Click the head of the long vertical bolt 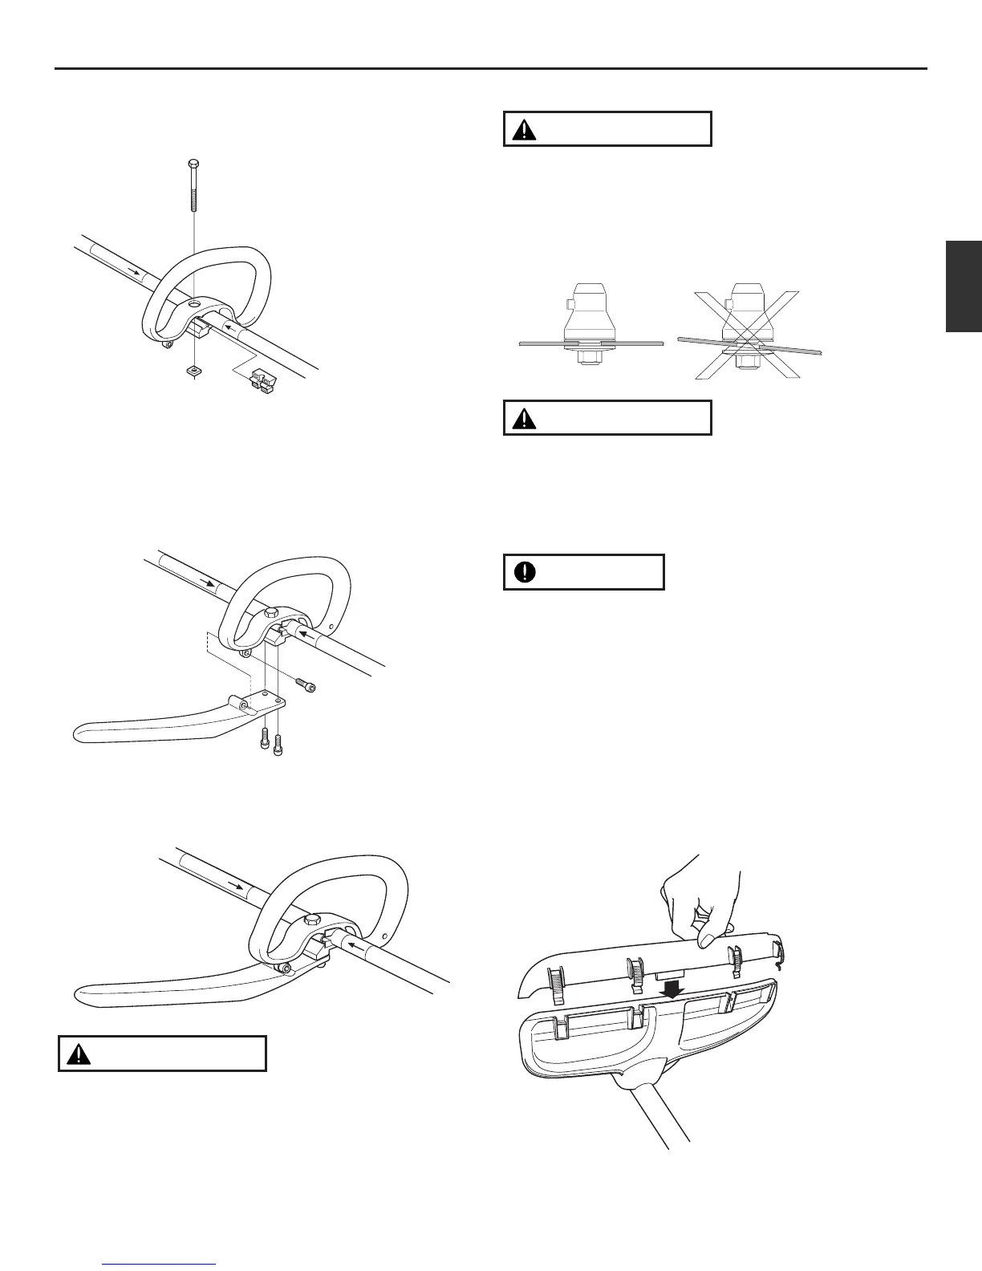coord(194,164)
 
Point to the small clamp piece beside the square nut coord(263,380)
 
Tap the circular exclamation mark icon coord(526,571)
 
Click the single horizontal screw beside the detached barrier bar coord(306,685)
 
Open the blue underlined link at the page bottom coord(160,1265)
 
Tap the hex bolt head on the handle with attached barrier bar coord(310,920)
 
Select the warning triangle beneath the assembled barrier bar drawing coord(79,1054)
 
